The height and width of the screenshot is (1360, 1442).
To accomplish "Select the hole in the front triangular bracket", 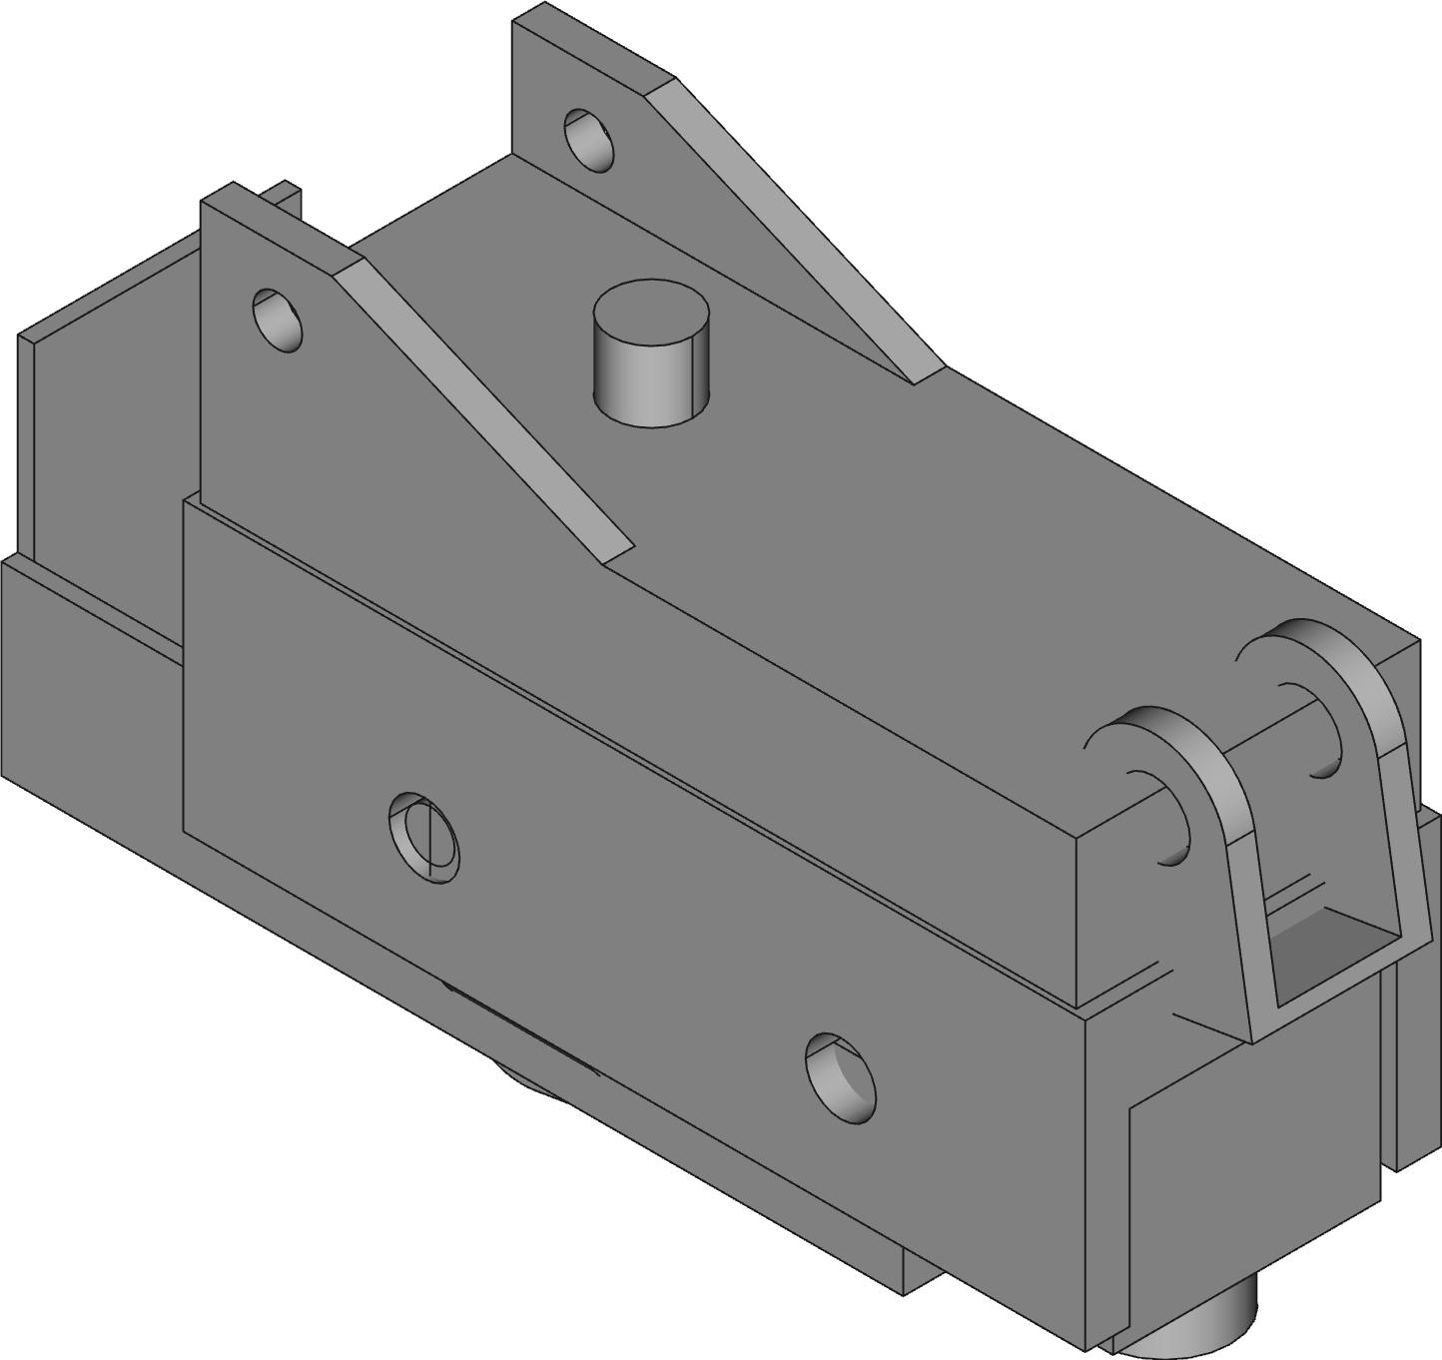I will point(278,319).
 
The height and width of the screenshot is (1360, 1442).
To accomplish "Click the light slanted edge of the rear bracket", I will point(799,230).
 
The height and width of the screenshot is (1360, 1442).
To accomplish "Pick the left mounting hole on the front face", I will point(423,836).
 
